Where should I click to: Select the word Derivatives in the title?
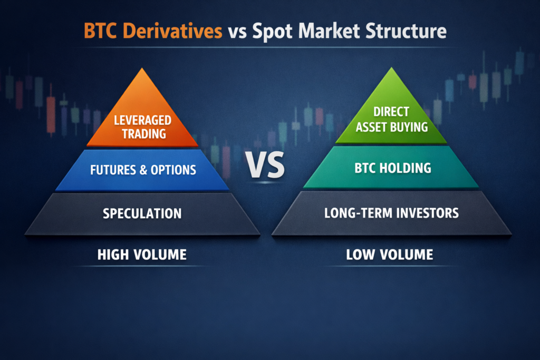pos(178,32)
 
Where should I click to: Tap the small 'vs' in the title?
pos(237,32)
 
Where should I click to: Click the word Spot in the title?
pos(270,32)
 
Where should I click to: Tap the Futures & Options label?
pos(143,170)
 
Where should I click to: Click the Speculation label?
pos(142,213)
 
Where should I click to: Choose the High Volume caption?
pos(142,255)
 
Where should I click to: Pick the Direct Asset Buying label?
pos(391,120)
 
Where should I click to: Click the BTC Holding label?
pos(391,168)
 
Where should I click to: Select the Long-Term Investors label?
pos(391,213)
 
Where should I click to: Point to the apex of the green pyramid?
pos(391,69)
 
